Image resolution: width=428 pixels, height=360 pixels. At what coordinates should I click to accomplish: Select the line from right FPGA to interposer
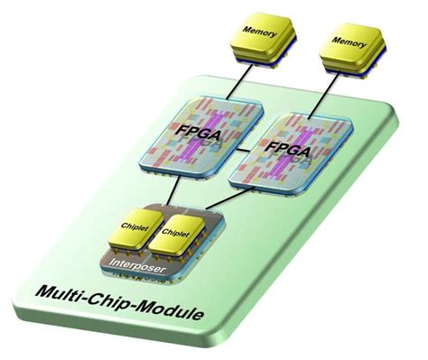[x=226, y=200]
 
